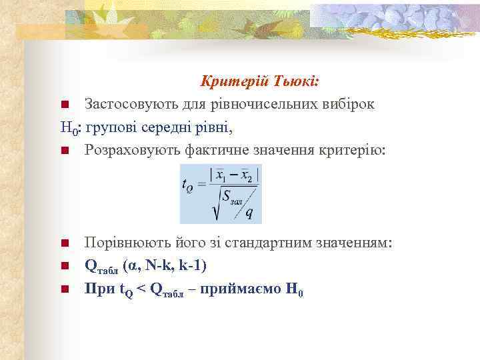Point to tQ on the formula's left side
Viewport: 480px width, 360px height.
[188, 187]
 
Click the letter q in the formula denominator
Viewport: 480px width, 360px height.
[249, 213]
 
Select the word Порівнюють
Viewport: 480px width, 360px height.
[125, 242]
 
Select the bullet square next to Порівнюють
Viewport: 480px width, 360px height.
[65, 243]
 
